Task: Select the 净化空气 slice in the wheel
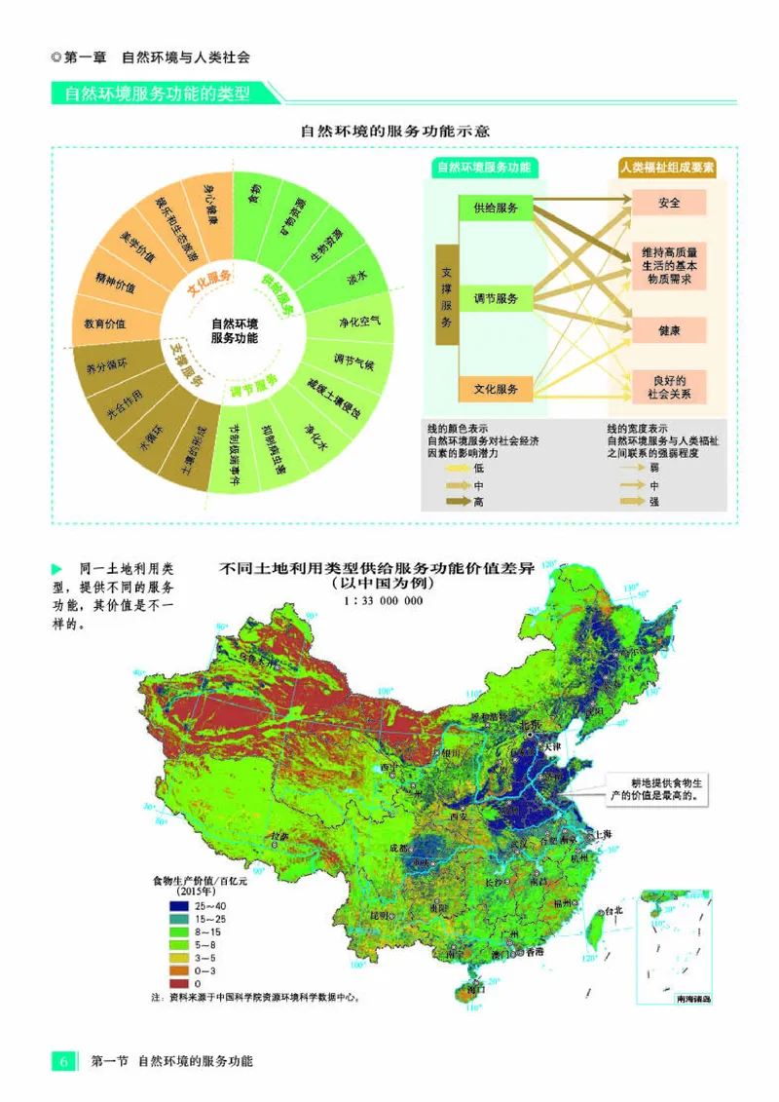(x=359, y=321)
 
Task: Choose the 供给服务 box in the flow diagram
(x=496, y=208)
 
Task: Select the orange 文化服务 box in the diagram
(x=496, y=389)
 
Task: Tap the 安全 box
(x=669, y=204)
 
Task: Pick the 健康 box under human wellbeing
(x=669, y=331)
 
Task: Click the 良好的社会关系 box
(x=669, y=387)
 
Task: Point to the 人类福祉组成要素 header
(x=668, y=168)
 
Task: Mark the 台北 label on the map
(x=611, y=912)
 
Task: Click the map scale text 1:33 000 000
(x=383, y=601)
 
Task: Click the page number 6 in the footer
(x=63, y=1060)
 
